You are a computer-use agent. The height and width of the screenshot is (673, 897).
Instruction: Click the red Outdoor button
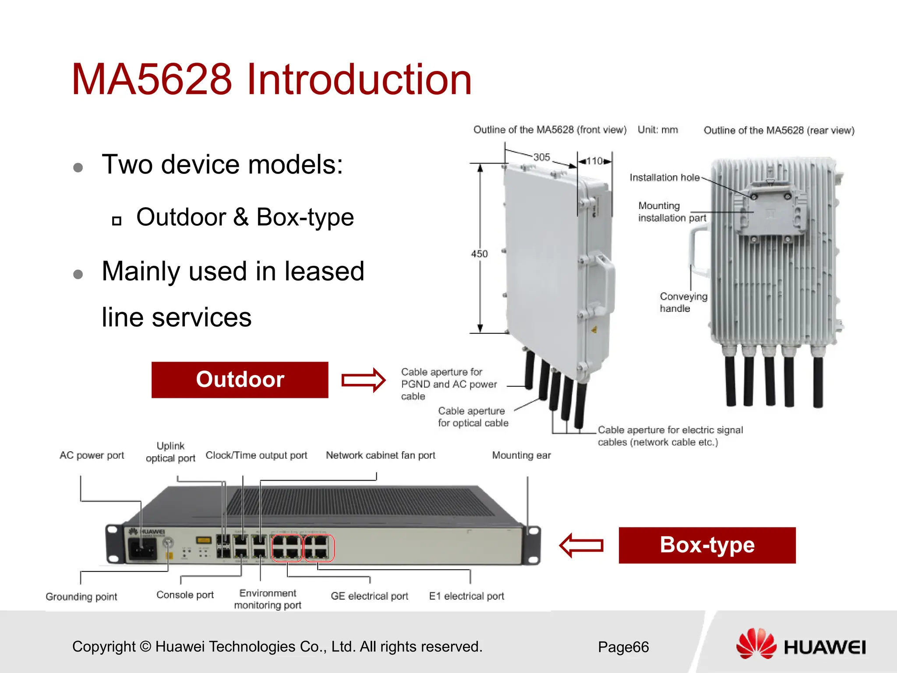(x=240, y=379)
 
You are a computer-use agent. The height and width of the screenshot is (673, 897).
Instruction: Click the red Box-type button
(x=707, y=545)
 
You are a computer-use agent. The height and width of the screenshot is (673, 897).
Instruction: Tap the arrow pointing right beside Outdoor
(x=363, y=379)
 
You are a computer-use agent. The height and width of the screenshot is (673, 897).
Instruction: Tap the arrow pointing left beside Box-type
(x=581, y=545)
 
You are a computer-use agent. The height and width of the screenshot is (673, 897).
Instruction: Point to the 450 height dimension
(x=479, y=254)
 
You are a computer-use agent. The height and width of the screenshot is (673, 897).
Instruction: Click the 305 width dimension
(x=541, y=157)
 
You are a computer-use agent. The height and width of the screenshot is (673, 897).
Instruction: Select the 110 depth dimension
(x=594, y=161)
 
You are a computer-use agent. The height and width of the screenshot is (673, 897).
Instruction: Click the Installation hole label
(x=664, y=177)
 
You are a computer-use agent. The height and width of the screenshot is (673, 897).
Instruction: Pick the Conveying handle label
(x=683, y=302)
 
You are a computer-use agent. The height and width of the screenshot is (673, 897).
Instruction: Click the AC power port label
(x=92, y=455)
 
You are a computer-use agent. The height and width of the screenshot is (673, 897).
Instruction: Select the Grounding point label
(x=81, y=597)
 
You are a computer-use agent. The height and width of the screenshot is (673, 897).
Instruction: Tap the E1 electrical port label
(x=466, y=596)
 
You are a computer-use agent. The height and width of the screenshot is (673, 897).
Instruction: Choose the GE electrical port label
(x=369, y=596)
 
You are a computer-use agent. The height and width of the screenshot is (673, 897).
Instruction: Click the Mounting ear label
(x=521, y=455)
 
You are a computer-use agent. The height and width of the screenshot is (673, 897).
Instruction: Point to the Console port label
(x=185, y=595)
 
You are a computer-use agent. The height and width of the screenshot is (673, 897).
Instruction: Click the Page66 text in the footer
(x=623, y=647)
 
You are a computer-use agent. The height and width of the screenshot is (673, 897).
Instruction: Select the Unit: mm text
(x=657, y=130)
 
